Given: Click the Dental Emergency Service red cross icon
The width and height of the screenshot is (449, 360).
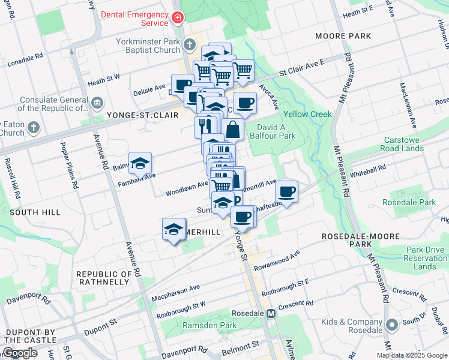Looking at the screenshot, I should (177, 19).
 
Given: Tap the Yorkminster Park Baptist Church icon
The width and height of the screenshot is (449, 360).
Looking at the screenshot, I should (189, 44).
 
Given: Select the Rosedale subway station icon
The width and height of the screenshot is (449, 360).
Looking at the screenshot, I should (271, 313).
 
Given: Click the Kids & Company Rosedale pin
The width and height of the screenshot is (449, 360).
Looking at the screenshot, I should (392, 325).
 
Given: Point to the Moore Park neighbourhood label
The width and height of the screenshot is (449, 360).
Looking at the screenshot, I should (343, 36).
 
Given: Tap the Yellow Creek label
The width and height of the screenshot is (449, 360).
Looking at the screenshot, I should (307, 114).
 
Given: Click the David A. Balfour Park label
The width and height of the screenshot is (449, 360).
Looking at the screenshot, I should (277, 132).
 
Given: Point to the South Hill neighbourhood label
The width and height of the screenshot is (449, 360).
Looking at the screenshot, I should (35, 212).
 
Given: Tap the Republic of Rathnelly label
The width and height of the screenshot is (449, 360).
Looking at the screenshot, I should (103, 278).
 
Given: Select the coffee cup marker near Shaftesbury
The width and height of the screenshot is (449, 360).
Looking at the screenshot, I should (286, 192).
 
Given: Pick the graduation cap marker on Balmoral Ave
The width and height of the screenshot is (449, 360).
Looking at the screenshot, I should (140, 163).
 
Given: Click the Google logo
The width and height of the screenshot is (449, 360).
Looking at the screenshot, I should (19, 353).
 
